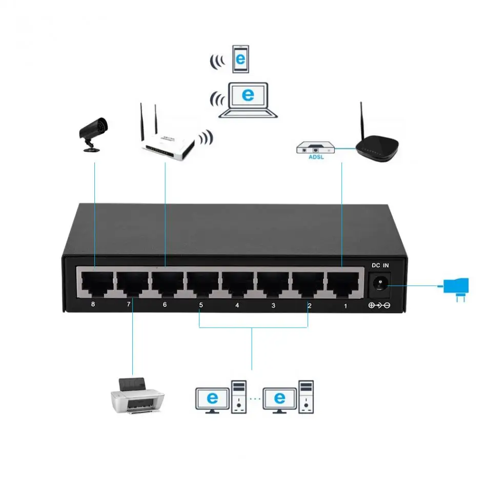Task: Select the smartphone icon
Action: click(x=240, y=59)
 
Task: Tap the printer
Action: click(x=137, y=395)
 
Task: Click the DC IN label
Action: click(x=380, y=266)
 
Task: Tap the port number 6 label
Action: click(x=165, y=305)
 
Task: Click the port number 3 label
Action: click(x=273, y=306)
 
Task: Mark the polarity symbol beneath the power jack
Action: click(x=380, y=307)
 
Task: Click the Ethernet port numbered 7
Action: click(x=131, y=282)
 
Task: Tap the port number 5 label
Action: click(x=201, y=306)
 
